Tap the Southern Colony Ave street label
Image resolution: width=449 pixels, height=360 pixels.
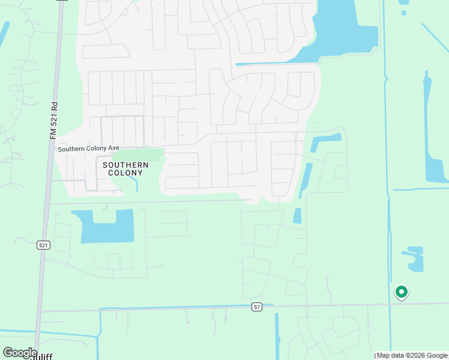point(88,149)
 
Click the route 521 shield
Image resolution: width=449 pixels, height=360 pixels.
point(43,245)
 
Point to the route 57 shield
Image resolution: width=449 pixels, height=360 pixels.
point(257,307)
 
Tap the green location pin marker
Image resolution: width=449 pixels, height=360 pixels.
point(401,292)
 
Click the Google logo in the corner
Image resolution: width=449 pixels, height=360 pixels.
point(19,353)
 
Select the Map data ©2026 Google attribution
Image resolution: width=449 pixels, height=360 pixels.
point(411,355)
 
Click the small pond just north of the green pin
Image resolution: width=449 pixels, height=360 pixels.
point(414,258)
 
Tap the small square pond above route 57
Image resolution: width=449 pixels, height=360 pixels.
point(297,216)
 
